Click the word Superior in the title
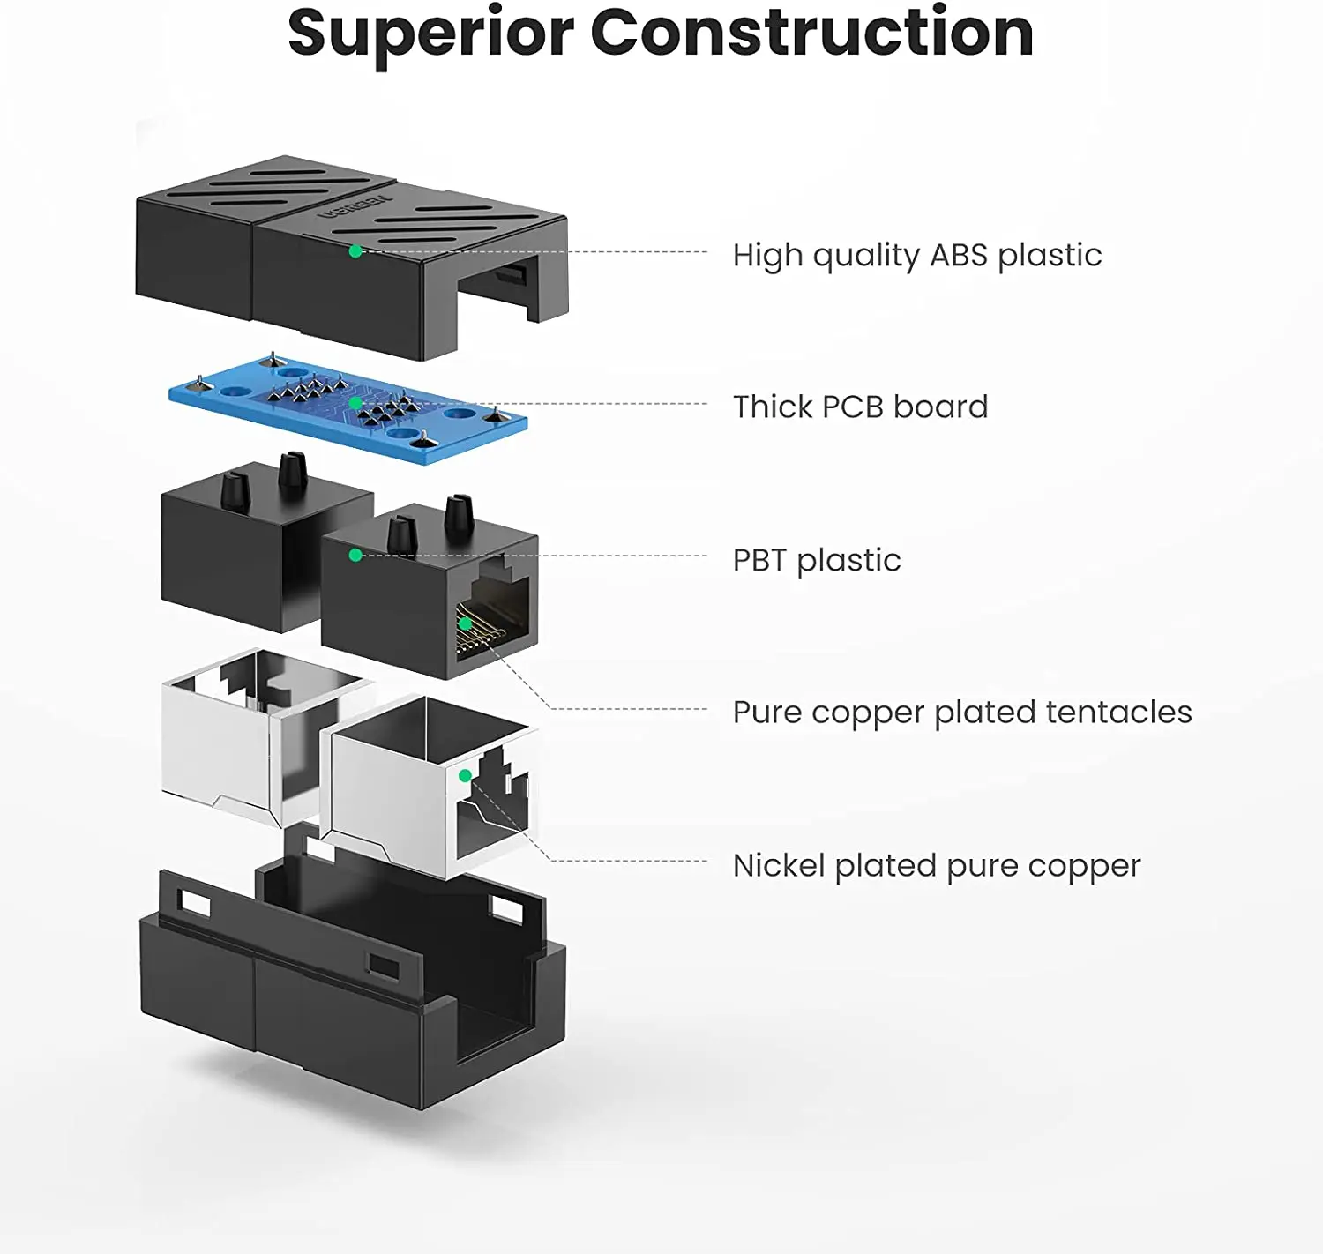tap(430, 34)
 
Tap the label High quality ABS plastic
tap(916, 256)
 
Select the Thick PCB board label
tap(860, 407)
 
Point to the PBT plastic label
tap(816, 561)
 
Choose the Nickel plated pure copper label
tap(936, 866)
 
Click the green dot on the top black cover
tap(355, 251)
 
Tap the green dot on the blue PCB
tap(355, 403)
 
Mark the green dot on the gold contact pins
tap(465, 623)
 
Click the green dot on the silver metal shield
tap(465, 776)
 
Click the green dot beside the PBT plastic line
tap(355, 555)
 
